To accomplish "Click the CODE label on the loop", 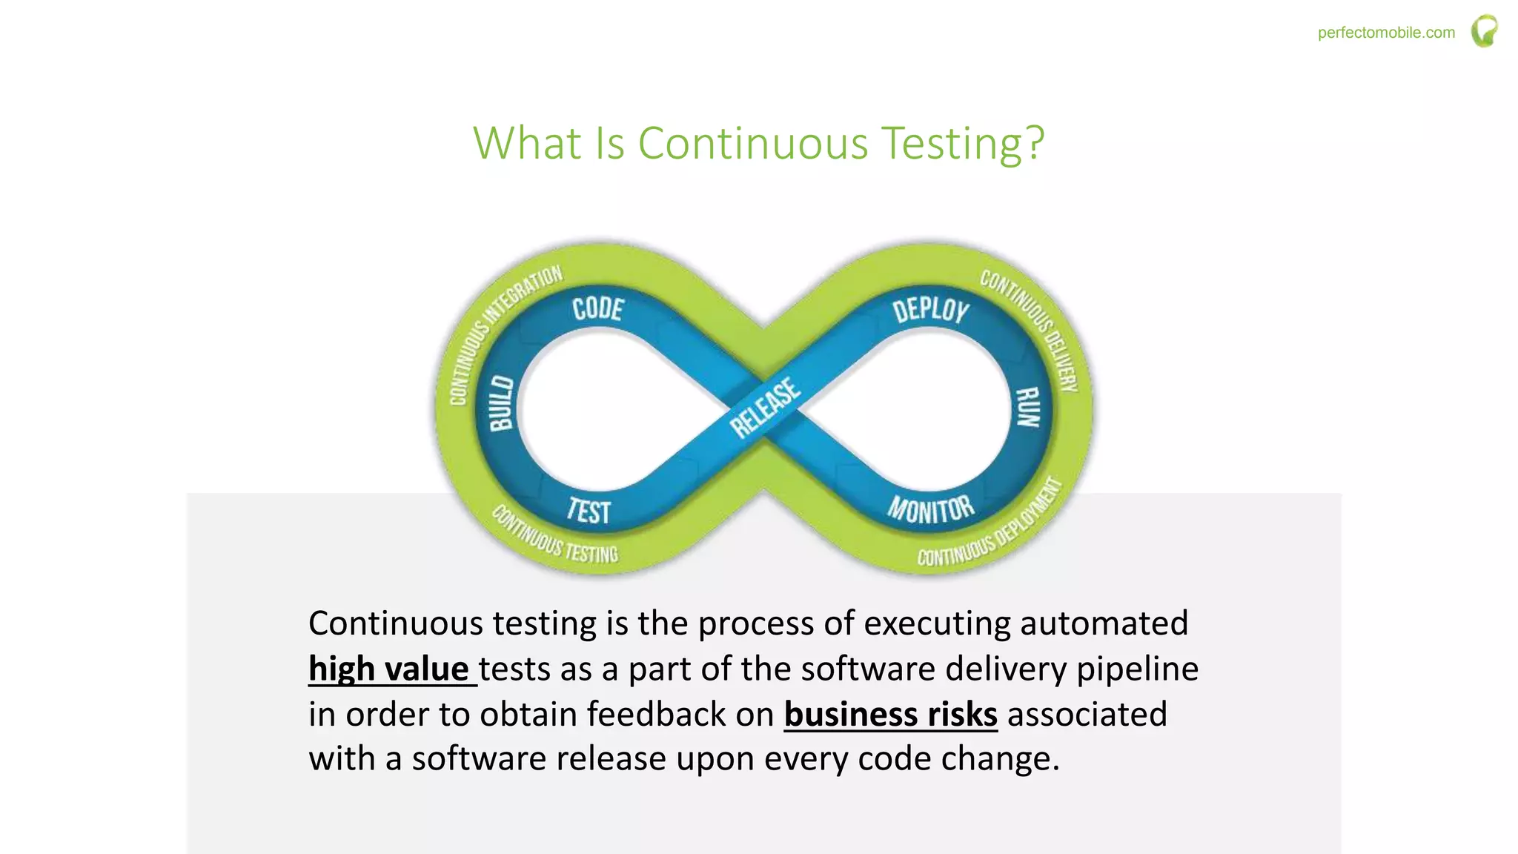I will click(598, 308).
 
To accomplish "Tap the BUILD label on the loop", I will click(502, 403).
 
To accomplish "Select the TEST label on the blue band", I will click(589, 512).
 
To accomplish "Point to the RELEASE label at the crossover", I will click(765, 408).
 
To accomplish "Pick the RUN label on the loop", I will click(1028, 407).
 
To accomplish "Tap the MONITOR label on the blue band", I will click(931, 509).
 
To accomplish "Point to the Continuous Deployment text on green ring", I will click(993, 526).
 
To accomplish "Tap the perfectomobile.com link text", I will click(1386, 33).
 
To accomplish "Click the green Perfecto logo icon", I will click(1485, 31).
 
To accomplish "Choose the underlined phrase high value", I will click(389, 669).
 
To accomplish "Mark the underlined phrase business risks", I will click(890, 714).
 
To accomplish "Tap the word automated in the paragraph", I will click(1104, 623).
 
